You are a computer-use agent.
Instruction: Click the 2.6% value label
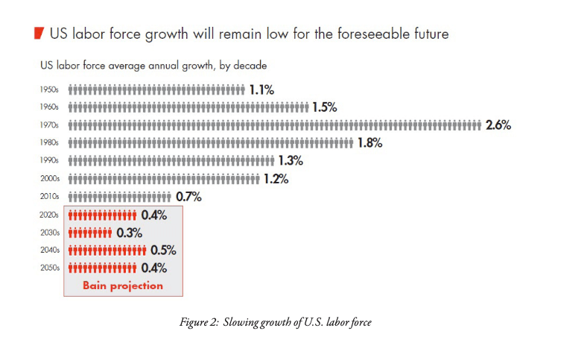[498, 125]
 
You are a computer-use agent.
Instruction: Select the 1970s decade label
[49, 125]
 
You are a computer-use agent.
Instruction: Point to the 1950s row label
[49, 89]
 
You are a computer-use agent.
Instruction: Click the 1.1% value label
[261, 89]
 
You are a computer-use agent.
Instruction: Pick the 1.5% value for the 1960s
[325, 107]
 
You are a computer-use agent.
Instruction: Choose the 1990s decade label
[49, 161]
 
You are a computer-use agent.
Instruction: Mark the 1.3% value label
[291, 161]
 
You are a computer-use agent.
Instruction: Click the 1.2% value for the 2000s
[276, 179]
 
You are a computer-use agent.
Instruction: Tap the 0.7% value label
[188, 197]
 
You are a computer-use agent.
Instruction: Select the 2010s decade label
[49, 197]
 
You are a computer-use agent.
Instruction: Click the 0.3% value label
[130, 233]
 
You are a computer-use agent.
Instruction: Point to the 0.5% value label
[163, 250]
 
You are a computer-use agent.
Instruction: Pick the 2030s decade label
[49, 233]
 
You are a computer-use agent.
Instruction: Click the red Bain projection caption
[123, 285]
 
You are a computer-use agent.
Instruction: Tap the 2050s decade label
[49, 268]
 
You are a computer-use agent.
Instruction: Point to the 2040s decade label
[49, 250]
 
